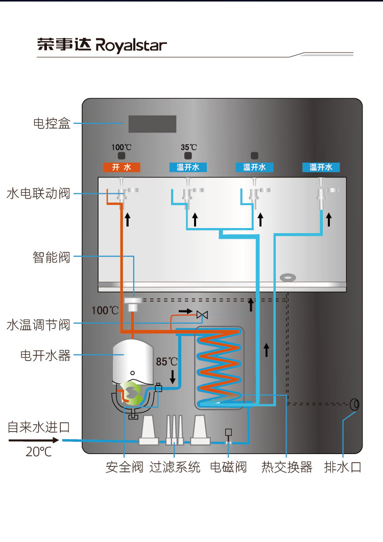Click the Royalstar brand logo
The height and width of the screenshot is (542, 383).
(102, 45)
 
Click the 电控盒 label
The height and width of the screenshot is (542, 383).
(52, 123)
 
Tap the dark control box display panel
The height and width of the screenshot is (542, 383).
(152, 124)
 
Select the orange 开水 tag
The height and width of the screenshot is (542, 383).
(122, 167)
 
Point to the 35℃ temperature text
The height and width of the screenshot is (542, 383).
(188, 147)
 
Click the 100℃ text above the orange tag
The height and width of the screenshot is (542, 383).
(121, 147)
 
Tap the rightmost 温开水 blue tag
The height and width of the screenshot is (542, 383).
(321, 167)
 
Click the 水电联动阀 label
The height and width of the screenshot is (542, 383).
(38, 194)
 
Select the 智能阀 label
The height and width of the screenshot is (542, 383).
(52, 257)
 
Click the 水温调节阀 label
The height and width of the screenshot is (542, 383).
(38, 325)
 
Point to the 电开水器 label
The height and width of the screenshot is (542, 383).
(45, 355)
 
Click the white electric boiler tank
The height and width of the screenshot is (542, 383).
(133, 361)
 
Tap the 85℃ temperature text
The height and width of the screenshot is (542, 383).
(167, 362)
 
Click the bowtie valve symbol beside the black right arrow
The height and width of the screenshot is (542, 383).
(202, 314)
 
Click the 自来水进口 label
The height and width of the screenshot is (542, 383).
(39, 427)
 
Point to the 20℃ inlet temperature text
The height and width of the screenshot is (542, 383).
(39, 451)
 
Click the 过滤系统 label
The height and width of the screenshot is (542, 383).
(175, 467)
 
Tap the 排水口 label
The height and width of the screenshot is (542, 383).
(343, 467)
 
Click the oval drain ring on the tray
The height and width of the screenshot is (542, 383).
(288, 277)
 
